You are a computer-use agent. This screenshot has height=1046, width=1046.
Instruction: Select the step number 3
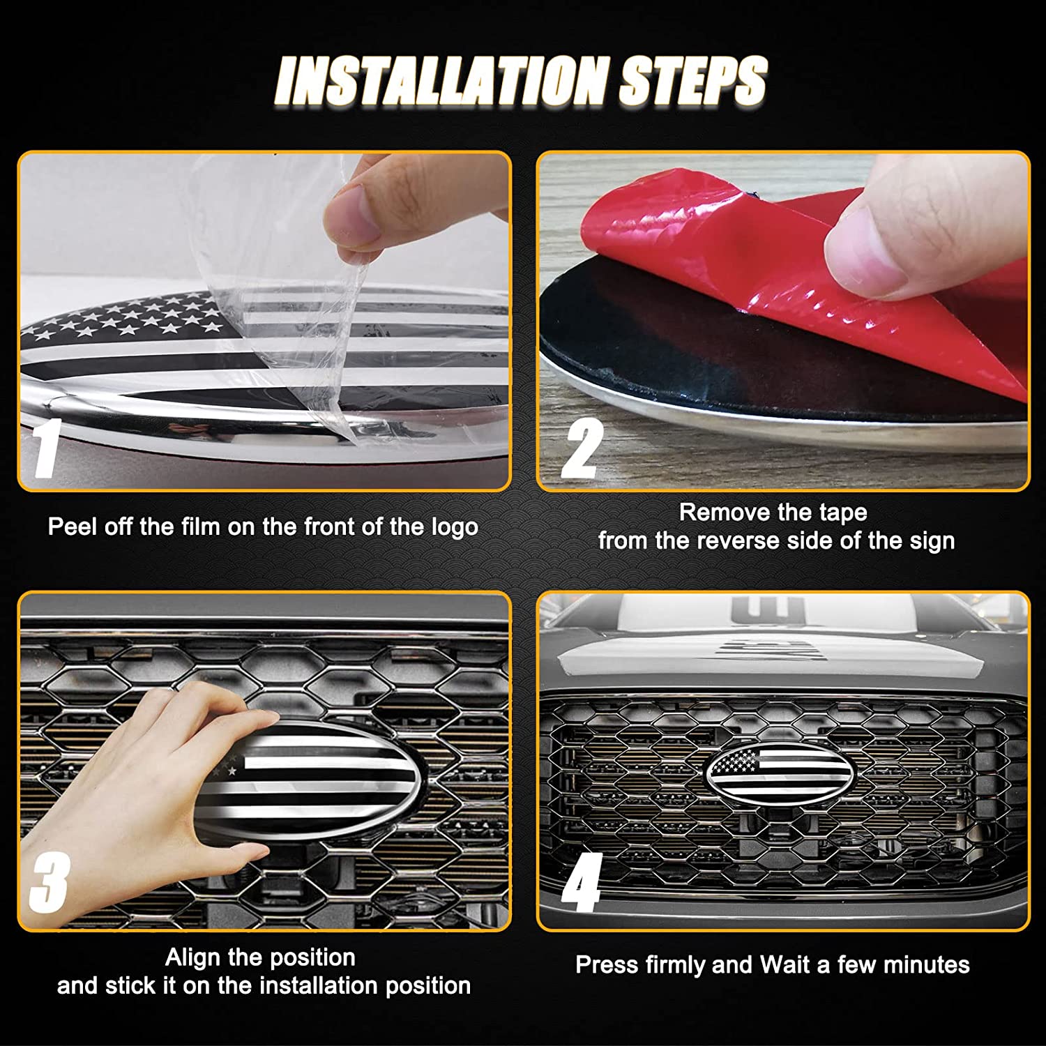[49, 883]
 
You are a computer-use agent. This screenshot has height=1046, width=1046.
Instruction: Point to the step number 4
[582, 883]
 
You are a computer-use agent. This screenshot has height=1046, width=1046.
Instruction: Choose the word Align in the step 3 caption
[192, 958]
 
